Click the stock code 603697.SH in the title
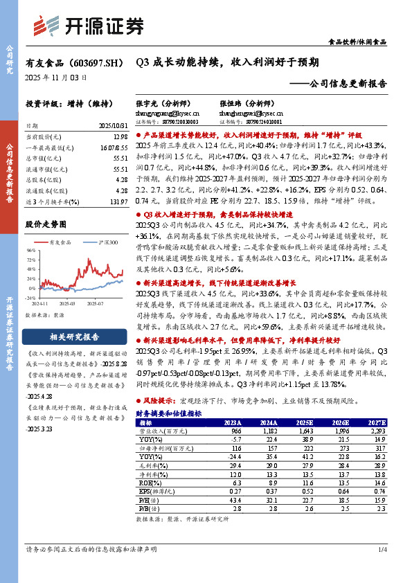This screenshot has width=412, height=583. tap(96, 62)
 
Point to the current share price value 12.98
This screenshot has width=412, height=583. tap(120, 138)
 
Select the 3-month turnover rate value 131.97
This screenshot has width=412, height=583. tap(118, 200)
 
